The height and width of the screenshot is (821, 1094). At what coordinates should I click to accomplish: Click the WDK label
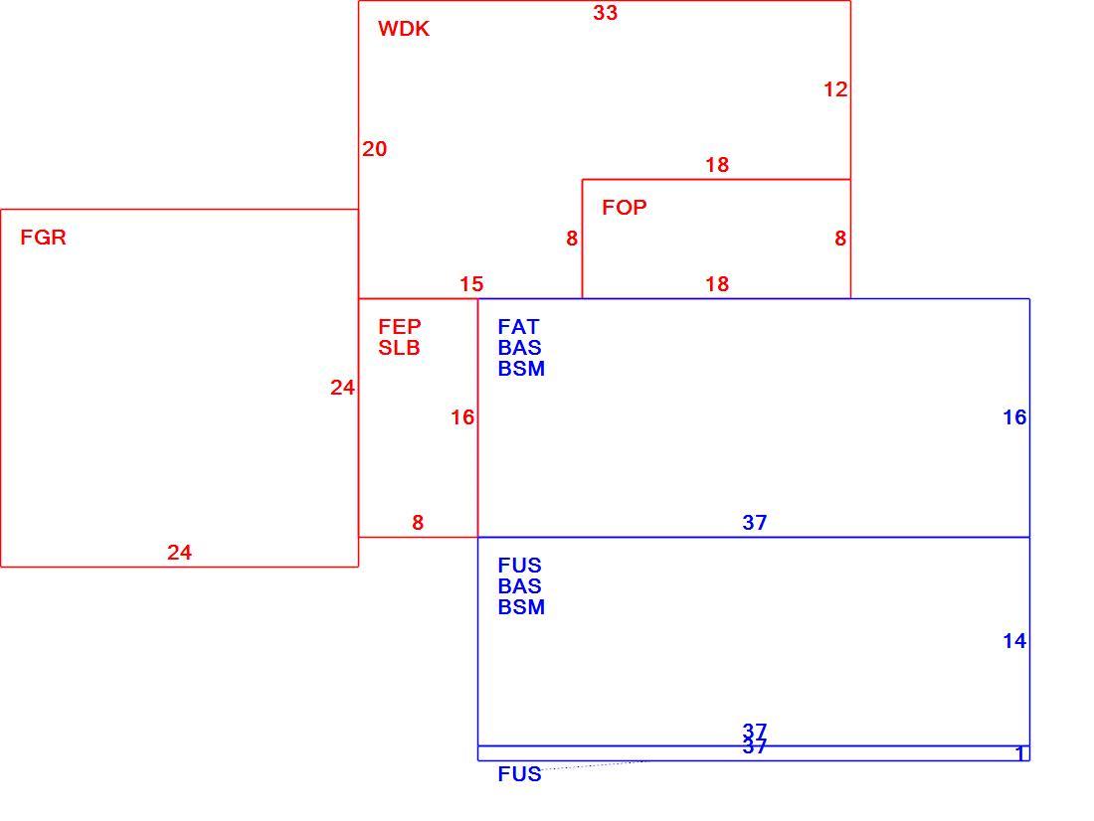[x=403, y=29]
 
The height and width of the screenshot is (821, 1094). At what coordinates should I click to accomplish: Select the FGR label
[x=43, y=238]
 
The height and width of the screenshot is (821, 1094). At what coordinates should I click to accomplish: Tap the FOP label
[x=625, y=207]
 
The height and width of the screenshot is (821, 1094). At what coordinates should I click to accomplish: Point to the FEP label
[x=400, y=326]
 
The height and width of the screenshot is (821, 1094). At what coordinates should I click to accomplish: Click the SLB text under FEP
[x=399, y=347]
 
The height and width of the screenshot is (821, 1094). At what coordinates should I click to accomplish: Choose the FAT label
[x=518, y=326]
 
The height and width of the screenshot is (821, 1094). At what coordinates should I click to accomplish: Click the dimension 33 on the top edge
[x=605, y=13]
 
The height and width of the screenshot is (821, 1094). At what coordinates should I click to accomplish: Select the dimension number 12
[x=835, y=89]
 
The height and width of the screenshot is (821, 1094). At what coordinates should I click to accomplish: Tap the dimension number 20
[x=375, y=148]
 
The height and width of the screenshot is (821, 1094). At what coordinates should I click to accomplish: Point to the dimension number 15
[x=471, y=284]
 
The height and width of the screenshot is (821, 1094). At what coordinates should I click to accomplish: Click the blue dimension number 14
[x=1014, y=641]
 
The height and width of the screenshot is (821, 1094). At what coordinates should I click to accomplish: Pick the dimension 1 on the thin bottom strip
[x=1020, y=754]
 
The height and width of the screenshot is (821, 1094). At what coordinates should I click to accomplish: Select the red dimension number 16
[x=461, y=417]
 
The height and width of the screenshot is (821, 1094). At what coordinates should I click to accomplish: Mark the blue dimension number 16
[x=1014, y=417]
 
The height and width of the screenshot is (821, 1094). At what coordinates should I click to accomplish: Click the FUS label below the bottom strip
[x=520, y=774]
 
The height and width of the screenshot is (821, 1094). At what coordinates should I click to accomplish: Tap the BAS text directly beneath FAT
[x=520, y=347]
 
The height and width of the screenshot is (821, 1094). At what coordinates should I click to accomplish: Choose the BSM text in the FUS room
[x=521, y=607]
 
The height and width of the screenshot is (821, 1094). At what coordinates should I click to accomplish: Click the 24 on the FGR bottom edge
[x=179, y=553]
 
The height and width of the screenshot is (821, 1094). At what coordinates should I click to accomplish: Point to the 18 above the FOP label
[x=716, y=165]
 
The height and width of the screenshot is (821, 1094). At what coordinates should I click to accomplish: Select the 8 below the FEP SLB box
[x=418, y=523]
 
